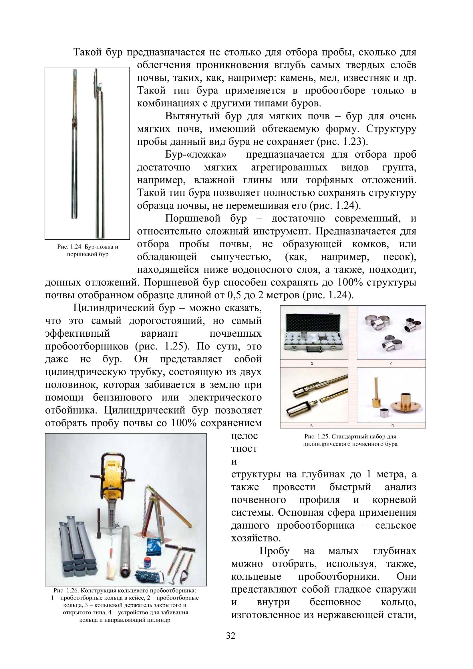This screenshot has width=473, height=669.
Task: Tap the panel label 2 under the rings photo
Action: (x=391, y=363)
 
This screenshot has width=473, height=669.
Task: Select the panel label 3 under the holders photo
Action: (x=311, y=426)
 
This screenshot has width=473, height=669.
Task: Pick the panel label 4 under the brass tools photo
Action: (x=392, y=426)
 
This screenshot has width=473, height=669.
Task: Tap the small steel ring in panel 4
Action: (x=384, y=412)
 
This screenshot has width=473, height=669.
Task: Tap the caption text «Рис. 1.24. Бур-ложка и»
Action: (x=88, y=247)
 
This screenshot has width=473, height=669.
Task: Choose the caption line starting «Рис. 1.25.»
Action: (x=350, y=437)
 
